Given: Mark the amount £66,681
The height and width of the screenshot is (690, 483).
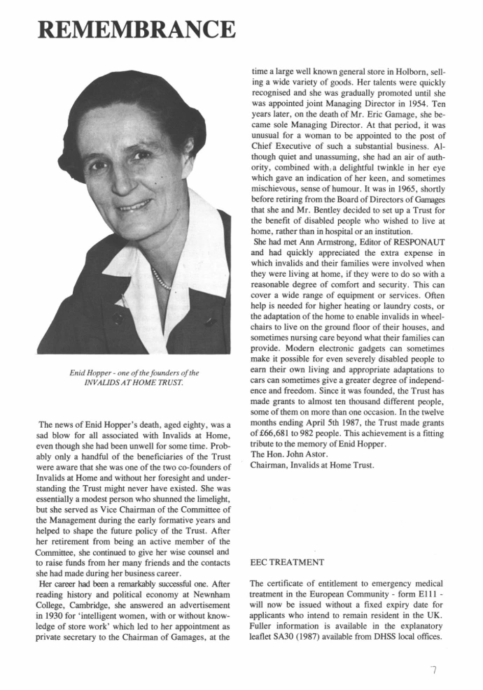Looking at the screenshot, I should coord(274,434).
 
